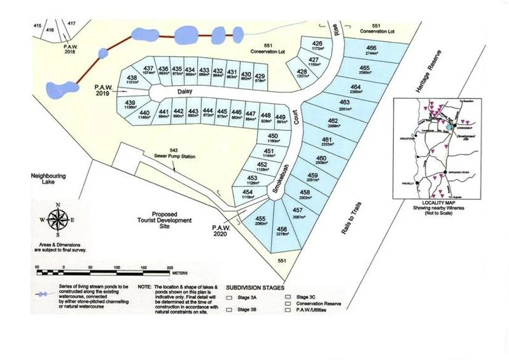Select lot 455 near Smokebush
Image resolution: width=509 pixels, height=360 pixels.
[x=260, y=221]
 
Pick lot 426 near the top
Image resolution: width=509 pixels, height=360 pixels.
[x=319, y=45]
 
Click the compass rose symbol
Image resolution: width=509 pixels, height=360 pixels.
[x=59, y=220]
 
